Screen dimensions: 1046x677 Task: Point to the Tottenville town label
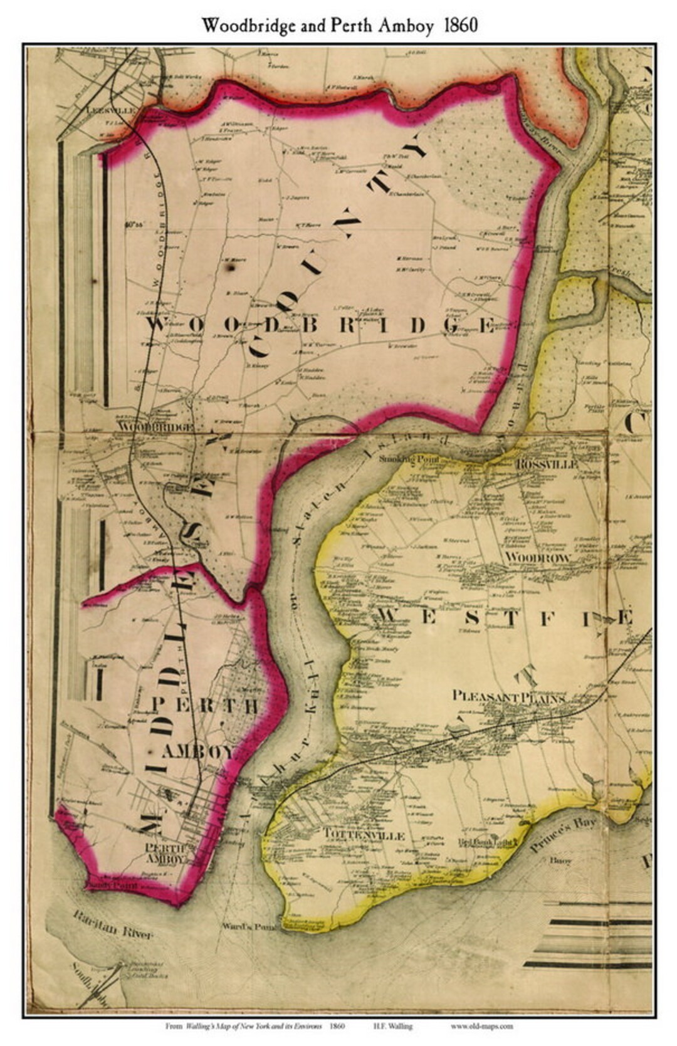coord(364,835)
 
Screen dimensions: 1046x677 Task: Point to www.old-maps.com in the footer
coord(481,1027)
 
